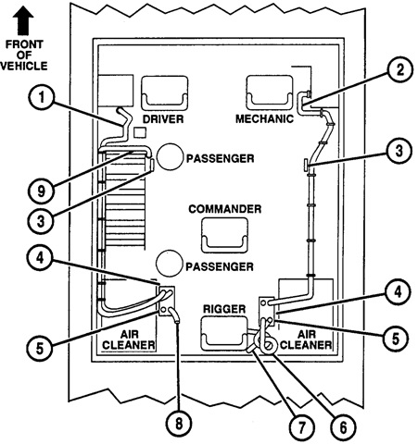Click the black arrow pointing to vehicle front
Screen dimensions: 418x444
[x=23, y=20]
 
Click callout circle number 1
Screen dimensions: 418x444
[x=42, y=98]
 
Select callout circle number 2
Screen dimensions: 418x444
[x=400, y=70]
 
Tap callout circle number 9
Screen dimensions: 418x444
[x=41, y=191]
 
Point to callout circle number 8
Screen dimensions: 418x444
[x=179, y=424]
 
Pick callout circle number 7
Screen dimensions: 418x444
[x=301, y=427]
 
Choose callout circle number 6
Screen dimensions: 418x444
[x=343, y=427]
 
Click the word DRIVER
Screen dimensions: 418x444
[x=163, y=119]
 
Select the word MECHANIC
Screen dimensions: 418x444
[x=264, y=119]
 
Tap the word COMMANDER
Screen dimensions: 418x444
[x=225, y=209]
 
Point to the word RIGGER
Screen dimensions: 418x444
[x=224, y=309]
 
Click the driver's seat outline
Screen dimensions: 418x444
[x=165, y=93]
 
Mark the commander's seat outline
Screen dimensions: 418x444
[x=224, y=235]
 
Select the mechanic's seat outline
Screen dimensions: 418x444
[x=270, y=92]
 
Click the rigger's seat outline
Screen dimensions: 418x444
[x=224, y=334]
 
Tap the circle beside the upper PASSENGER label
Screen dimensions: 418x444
[x=170, y=156]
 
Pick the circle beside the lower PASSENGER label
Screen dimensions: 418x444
[x=169, y=264]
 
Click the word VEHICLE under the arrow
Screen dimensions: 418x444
[x=24, y=67]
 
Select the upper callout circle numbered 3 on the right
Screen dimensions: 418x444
[x=399, y=151]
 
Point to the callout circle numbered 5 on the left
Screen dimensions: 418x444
[x=40, y=349]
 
